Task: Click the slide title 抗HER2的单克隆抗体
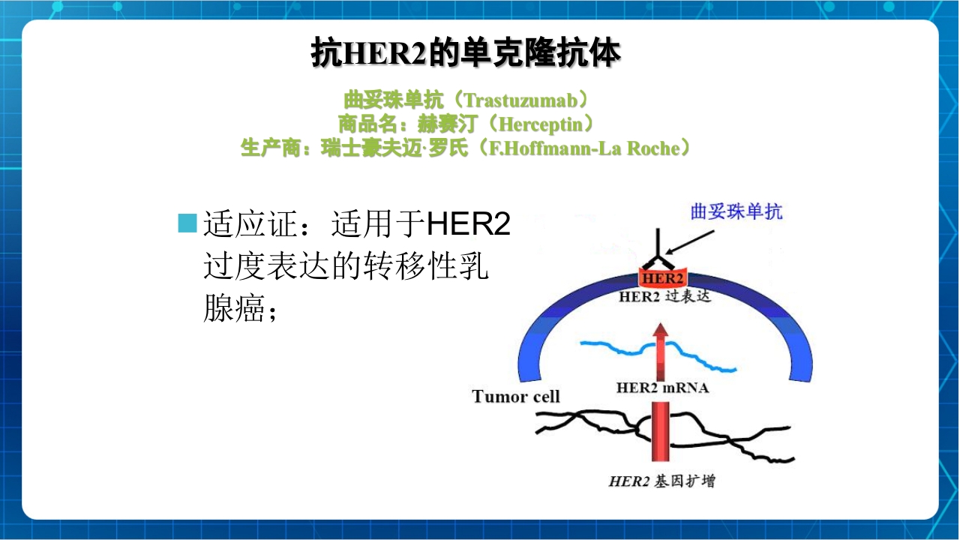(x=466, y=54)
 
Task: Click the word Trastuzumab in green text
(x=517, y=100)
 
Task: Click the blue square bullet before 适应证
(x=187, y=223)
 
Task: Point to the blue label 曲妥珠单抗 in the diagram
(x=736, y=211)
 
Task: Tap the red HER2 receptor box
(x=661, y=278)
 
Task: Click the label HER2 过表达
(x=664, y=297)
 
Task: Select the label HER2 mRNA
(x=661, y=388)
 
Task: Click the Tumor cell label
(x=516, y=396)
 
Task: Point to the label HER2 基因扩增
(x=661, y=481)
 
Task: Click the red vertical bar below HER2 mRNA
(x=661, y=432)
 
